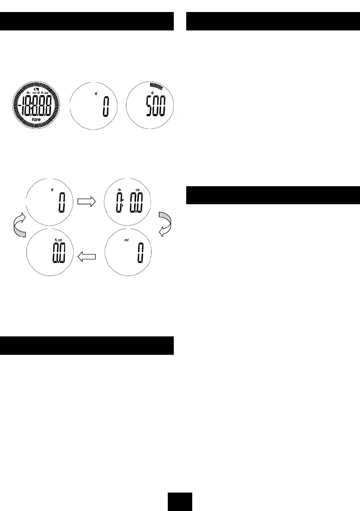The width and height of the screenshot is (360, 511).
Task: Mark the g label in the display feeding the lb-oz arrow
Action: (x=52, y=189)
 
